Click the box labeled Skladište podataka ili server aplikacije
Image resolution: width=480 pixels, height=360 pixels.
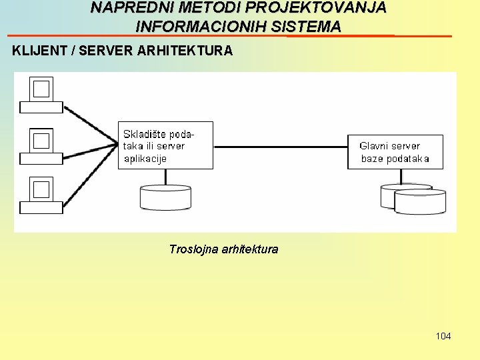(165, 145)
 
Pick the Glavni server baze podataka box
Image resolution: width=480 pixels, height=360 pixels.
(395, 151)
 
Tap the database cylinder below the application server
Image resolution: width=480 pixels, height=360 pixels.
(165, 197)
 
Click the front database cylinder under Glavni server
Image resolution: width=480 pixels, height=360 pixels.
(420, 202)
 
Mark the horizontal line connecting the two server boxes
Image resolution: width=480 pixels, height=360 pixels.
(280, 146)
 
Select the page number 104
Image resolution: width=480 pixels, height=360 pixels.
(443, 336)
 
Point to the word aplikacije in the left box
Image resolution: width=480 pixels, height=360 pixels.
(145, 159)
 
